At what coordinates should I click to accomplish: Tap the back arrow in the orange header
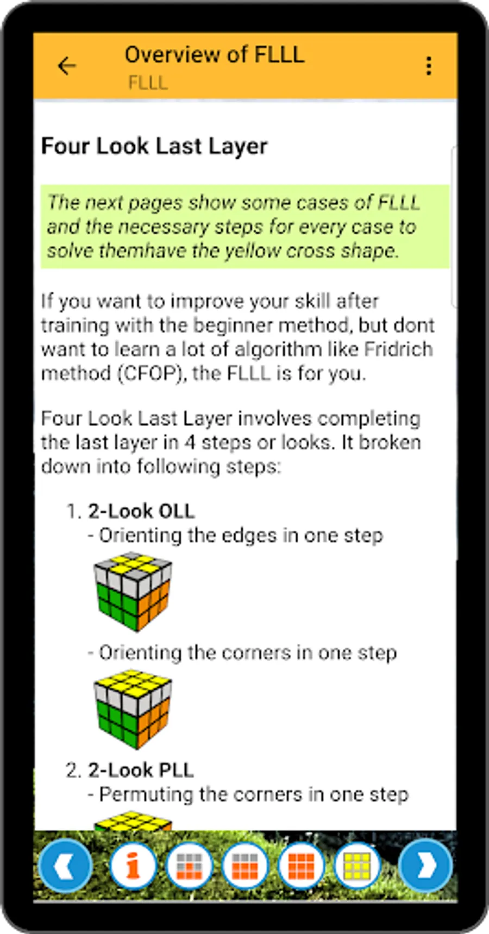67,66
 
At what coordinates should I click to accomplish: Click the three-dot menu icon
429,66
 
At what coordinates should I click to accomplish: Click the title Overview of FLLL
215,54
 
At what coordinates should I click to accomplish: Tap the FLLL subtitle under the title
148,83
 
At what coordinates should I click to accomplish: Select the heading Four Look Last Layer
154,146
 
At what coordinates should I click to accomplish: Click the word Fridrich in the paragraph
398,349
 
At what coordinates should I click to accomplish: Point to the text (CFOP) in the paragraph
150,373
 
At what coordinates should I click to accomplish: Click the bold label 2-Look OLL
141,511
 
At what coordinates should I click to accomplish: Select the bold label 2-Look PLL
141,770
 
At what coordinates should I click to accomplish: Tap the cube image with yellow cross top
133,592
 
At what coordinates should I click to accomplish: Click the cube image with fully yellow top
133,709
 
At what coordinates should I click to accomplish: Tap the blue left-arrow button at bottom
66,866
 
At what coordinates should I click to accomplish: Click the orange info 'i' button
133,866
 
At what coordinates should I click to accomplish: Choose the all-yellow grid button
357,866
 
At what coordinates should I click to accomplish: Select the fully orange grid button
301,866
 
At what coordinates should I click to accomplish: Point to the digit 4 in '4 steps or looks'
190,442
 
